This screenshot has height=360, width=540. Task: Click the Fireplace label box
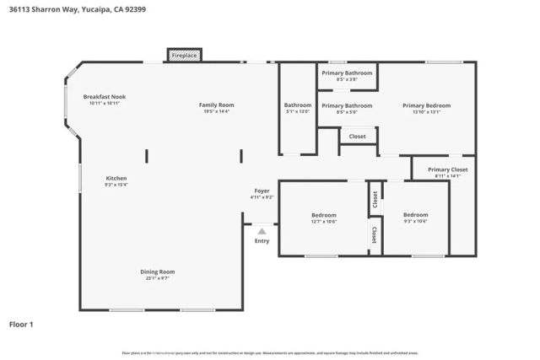click(184, 56)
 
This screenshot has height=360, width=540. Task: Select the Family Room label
click(215, 105)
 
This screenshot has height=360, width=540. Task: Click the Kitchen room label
click(116, 178)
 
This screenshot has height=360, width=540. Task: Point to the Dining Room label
click(157, 271)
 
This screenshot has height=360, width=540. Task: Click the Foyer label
click(262, 191)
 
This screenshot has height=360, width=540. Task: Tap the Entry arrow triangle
click(262, 230)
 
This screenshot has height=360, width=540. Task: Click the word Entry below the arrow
click(262, 241)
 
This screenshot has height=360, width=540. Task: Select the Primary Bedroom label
click(426, 105)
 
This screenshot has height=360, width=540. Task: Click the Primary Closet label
click(447, 169)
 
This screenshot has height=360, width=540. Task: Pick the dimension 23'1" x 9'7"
click(157, 277)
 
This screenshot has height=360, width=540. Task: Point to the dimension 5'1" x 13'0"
click(297, 111)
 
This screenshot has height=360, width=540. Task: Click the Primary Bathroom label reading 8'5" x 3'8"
click(347, 73)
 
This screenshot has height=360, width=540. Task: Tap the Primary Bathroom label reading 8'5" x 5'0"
click(347, 105)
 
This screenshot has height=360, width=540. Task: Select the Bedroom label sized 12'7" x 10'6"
click(323, 215)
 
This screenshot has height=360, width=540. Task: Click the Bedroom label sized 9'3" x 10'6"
click(415, 215)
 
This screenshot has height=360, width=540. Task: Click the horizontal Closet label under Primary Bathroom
click(357, 136)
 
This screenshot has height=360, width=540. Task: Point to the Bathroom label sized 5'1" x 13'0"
click(297, 105)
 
